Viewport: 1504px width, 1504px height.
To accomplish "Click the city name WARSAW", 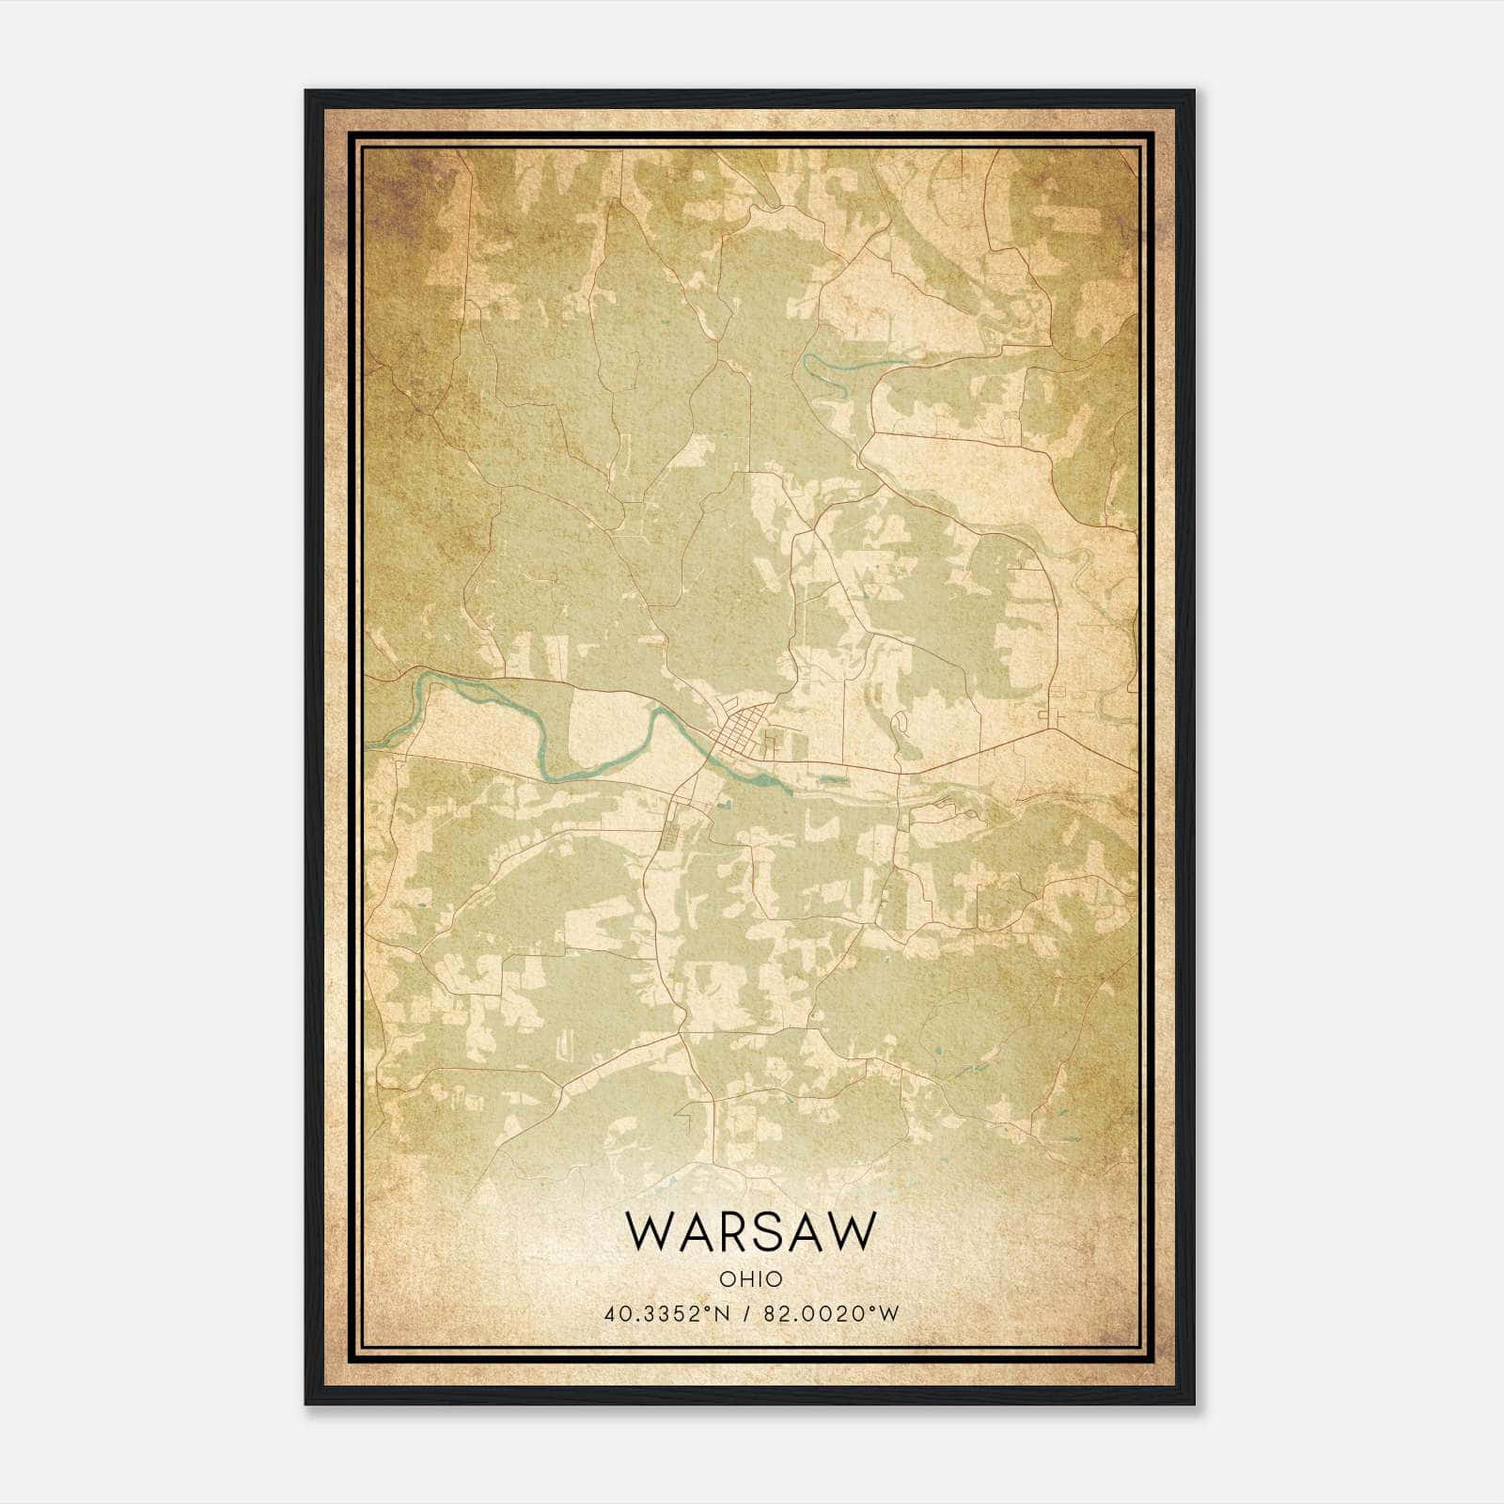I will pos(750,1230).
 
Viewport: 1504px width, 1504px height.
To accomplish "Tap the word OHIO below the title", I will pos(750,1278).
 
